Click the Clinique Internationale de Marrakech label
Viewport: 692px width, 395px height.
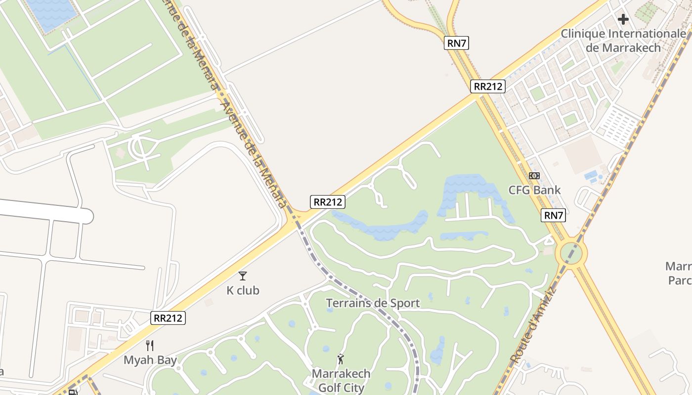(x=623, y=40)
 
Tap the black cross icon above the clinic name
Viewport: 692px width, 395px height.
(x=623, y=19)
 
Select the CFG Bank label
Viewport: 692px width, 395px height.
(x=535, y=190)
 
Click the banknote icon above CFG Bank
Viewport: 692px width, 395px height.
(x=534, y=176)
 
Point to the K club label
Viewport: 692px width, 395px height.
(x=243, y=290)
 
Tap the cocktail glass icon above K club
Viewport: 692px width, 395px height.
(x=242, y=276)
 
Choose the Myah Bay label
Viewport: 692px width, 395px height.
(x=150, y=360)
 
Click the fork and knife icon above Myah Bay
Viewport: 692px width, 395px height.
(x=150, y=346)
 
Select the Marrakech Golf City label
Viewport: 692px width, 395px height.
(x=341, y=380)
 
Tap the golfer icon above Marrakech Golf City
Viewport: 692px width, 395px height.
(x=341, y=359)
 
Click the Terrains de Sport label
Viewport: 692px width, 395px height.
(x=373, y=303)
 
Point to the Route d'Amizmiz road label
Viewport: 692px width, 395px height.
(x=534, y=326)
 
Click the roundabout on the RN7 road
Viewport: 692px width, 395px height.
(x=571, y=253)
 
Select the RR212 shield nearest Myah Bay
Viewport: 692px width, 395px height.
(x=168, y=318)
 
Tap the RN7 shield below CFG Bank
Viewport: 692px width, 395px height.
(x=554, y=215)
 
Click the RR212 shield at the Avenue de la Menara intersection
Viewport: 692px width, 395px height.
(x=328, y=201)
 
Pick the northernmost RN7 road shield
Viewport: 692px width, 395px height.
(x=456, y=43)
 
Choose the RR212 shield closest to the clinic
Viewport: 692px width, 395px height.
(x=488, y=86)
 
